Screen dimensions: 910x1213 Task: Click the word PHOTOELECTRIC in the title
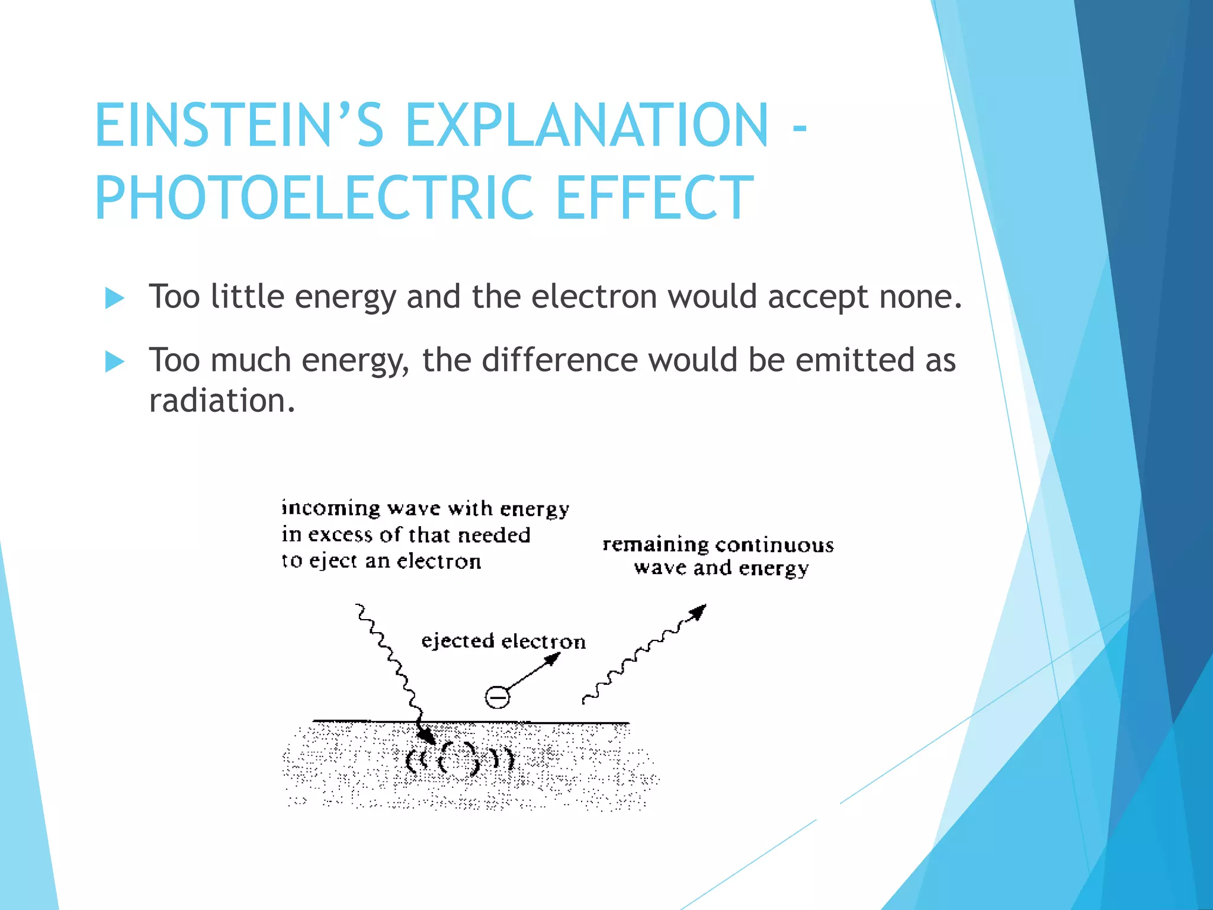pyautogui.click(x=315, y=198)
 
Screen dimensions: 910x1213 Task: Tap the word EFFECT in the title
pyautogui.click(x=654, y=198)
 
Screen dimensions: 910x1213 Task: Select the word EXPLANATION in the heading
pyautogui.click(x=586, y=125)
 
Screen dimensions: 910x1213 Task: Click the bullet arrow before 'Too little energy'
pyautogui.click(x=114, y=298)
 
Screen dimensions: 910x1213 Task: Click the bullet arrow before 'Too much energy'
pyautogui.click(x=114, y=361)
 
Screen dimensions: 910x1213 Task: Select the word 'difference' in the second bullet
pyautogui.click(x=559, y=360)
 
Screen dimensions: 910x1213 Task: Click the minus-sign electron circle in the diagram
pyautogui.click(x=497, y=697)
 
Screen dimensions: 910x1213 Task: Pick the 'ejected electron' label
pyautogui.click(x=503, y=641)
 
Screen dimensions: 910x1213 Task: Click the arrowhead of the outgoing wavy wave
pyautogui.click(x=699, y=611)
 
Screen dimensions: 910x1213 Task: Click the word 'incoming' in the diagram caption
pyautogui.click(x=330, y=508)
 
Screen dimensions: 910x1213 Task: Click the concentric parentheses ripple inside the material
pyautogui.click(x=458, y=758)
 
